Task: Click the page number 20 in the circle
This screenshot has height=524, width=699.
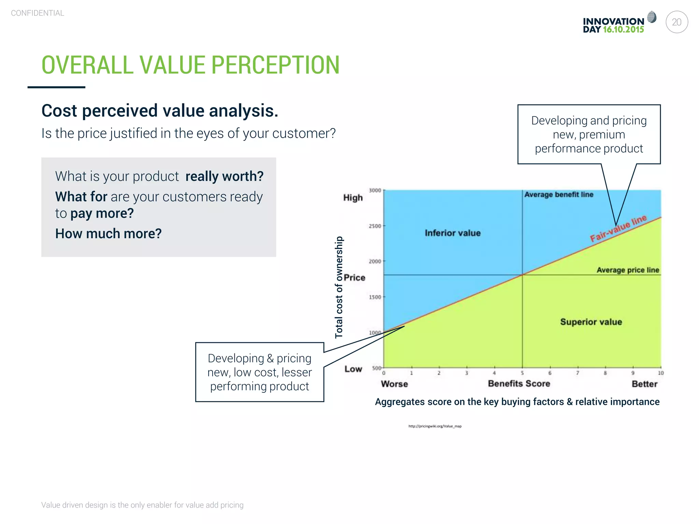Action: pyautogui.click(x=676, y=22)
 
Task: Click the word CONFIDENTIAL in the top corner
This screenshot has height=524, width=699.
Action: pyautogui.click(x=38, y=13)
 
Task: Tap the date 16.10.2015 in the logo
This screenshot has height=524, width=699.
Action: pyautogui.click(x=623, y=30)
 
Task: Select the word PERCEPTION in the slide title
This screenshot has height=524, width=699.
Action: pyautogui.click(x=275, y=65)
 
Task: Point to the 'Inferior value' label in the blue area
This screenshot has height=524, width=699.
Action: pyautogui.click(x=453, y=233)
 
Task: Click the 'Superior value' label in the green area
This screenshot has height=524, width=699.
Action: pyautogui.click(x=591, y=322)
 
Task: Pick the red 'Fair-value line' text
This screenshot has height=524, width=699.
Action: pyautogui.click(x=618, y=228)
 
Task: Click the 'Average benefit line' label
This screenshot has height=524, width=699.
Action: pyautogui.click(x=559, y=194)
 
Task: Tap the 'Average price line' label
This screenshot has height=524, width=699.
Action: pyautogui.click(x=628, y=270)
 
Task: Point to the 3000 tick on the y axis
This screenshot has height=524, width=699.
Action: pyautogui.click(x=375, y=190)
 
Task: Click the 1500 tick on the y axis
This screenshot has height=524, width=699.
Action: pyautogui.click(x=375, y=297)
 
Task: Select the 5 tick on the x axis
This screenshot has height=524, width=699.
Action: pyautogui.click(x=522, y=373)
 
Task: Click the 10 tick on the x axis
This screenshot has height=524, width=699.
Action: pyautogui.click(x=660, y=373)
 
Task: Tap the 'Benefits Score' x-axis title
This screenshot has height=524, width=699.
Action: pyautogui.click(x=519, y=384)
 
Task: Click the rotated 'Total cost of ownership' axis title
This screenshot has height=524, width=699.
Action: pyautogui.click(x=339, y=287)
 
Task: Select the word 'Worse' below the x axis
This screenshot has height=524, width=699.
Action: pyautogui.click(x=394, y=384)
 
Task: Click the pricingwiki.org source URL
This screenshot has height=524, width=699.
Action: pyautogui.click(x=435, y=426)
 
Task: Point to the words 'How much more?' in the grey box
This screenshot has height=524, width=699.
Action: pyautogui.click(x=108, y=234)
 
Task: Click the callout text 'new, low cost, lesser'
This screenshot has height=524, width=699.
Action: pyautogui.click(x=259, y=372)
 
